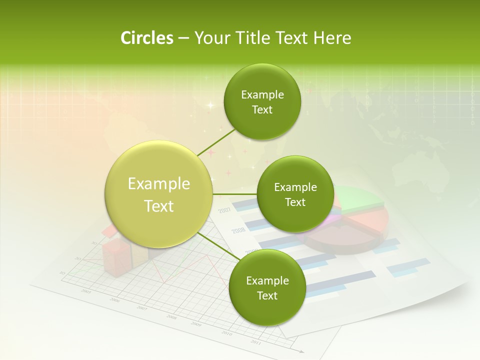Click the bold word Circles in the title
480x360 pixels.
coord(146,37)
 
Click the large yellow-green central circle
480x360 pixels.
coord(159,194)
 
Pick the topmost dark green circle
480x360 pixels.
coord(262,102)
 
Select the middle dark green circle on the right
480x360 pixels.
coord(295,194)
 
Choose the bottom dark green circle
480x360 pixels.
coord(267,287)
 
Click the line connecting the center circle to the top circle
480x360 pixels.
coord(216,142)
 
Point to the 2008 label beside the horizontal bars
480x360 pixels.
coord(238,230)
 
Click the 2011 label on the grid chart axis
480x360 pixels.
coord(255,342)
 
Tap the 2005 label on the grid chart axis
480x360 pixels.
coord(86,291)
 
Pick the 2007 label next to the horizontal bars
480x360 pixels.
coord(224,209)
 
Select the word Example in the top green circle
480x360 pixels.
coord(262,95)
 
